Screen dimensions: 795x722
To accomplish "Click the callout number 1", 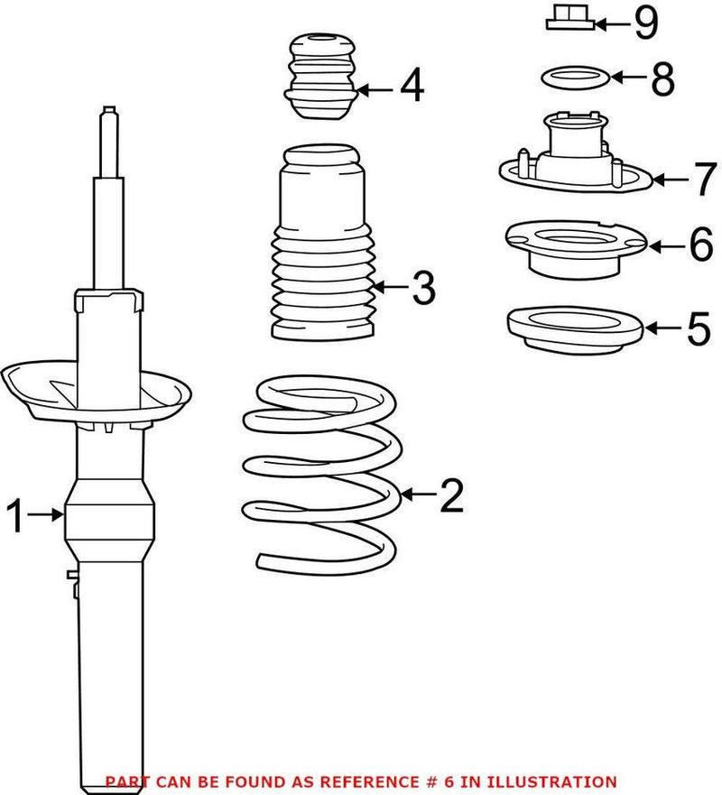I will pos(14,517).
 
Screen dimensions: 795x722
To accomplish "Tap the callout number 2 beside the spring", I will pos(450,495).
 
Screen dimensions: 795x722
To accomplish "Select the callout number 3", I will pos(421,288).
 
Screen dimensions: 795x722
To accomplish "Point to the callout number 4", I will pos(412,88).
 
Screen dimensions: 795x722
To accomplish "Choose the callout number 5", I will pos(698,328).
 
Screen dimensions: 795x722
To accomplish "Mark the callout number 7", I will pos(704,180).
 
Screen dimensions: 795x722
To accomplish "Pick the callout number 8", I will pos(662,79).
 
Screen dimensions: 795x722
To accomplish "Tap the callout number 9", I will pos(645,23).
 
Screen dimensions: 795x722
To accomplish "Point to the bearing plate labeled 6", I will pos(574,248).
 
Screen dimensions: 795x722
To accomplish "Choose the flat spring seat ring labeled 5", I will pos(573,325).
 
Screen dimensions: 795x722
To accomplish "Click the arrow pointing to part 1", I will pos(44,515).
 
